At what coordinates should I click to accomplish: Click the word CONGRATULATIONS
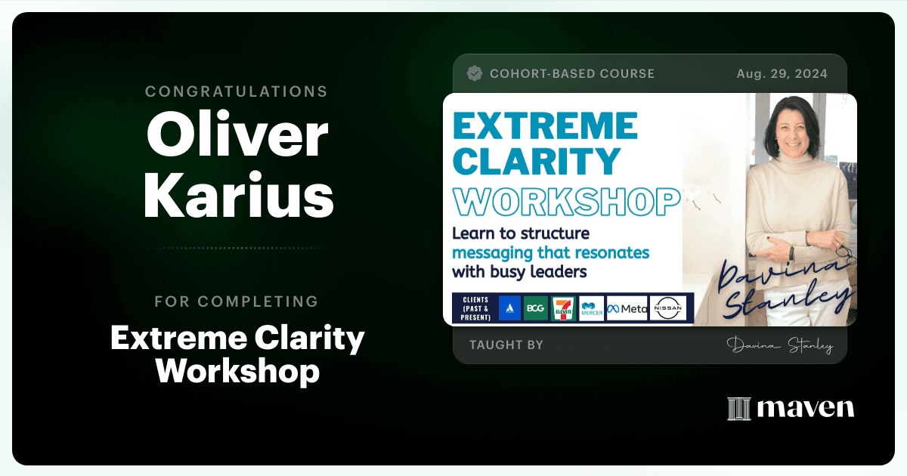[x=236, y=91]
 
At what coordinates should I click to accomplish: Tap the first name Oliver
[x=237, y=134]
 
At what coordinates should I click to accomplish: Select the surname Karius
[x=239, y=195]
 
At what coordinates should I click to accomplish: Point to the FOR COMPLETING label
[x=237, y=301]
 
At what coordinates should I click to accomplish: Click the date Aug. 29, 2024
[x=782, y=74]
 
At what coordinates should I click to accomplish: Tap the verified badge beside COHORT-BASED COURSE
[x=475, y=73]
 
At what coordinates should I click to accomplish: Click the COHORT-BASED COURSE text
[x=572, y=74]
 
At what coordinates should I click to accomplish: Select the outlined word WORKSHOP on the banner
[x=566, y=202]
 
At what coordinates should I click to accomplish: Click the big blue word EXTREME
[x=545, y=125]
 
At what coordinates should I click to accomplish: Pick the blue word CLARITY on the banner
[x=537, y=161]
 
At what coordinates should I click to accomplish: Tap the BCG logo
[x=536, y=308]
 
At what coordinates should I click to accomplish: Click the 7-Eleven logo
[x=563, y=309]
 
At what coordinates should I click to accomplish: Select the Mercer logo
[x=592, y=309]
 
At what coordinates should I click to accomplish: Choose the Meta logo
[x=627, y=309]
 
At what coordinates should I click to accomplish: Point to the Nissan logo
[x=668, y=308]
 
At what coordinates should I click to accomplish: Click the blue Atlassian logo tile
[x=509, y=308]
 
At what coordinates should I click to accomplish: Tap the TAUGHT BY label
[x=506, y=345]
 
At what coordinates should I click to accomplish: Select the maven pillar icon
[x=739, y=409]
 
